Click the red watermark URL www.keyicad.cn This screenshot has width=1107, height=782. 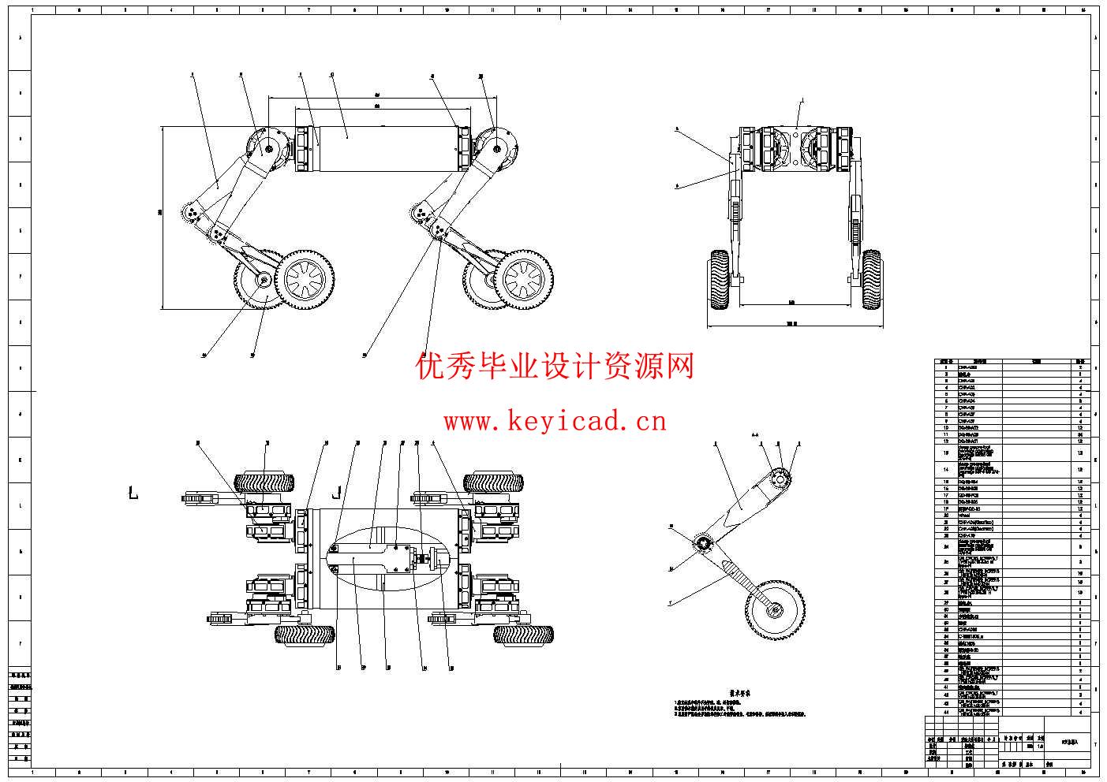pos(555,422)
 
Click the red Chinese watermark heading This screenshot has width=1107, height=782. pos(555,366)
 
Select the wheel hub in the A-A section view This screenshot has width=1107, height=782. pos(775,609)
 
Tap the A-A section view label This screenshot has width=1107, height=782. pos(754,434)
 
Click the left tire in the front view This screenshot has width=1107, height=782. pos(719,281)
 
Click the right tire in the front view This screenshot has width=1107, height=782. pos(871,281)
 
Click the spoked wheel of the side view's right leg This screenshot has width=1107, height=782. pos(525,280)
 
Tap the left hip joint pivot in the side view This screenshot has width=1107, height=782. pos(270,147)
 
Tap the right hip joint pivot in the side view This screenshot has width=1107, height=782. pos(498,147)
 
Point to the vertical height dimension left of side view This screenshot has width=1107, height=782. pos(161,217)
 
